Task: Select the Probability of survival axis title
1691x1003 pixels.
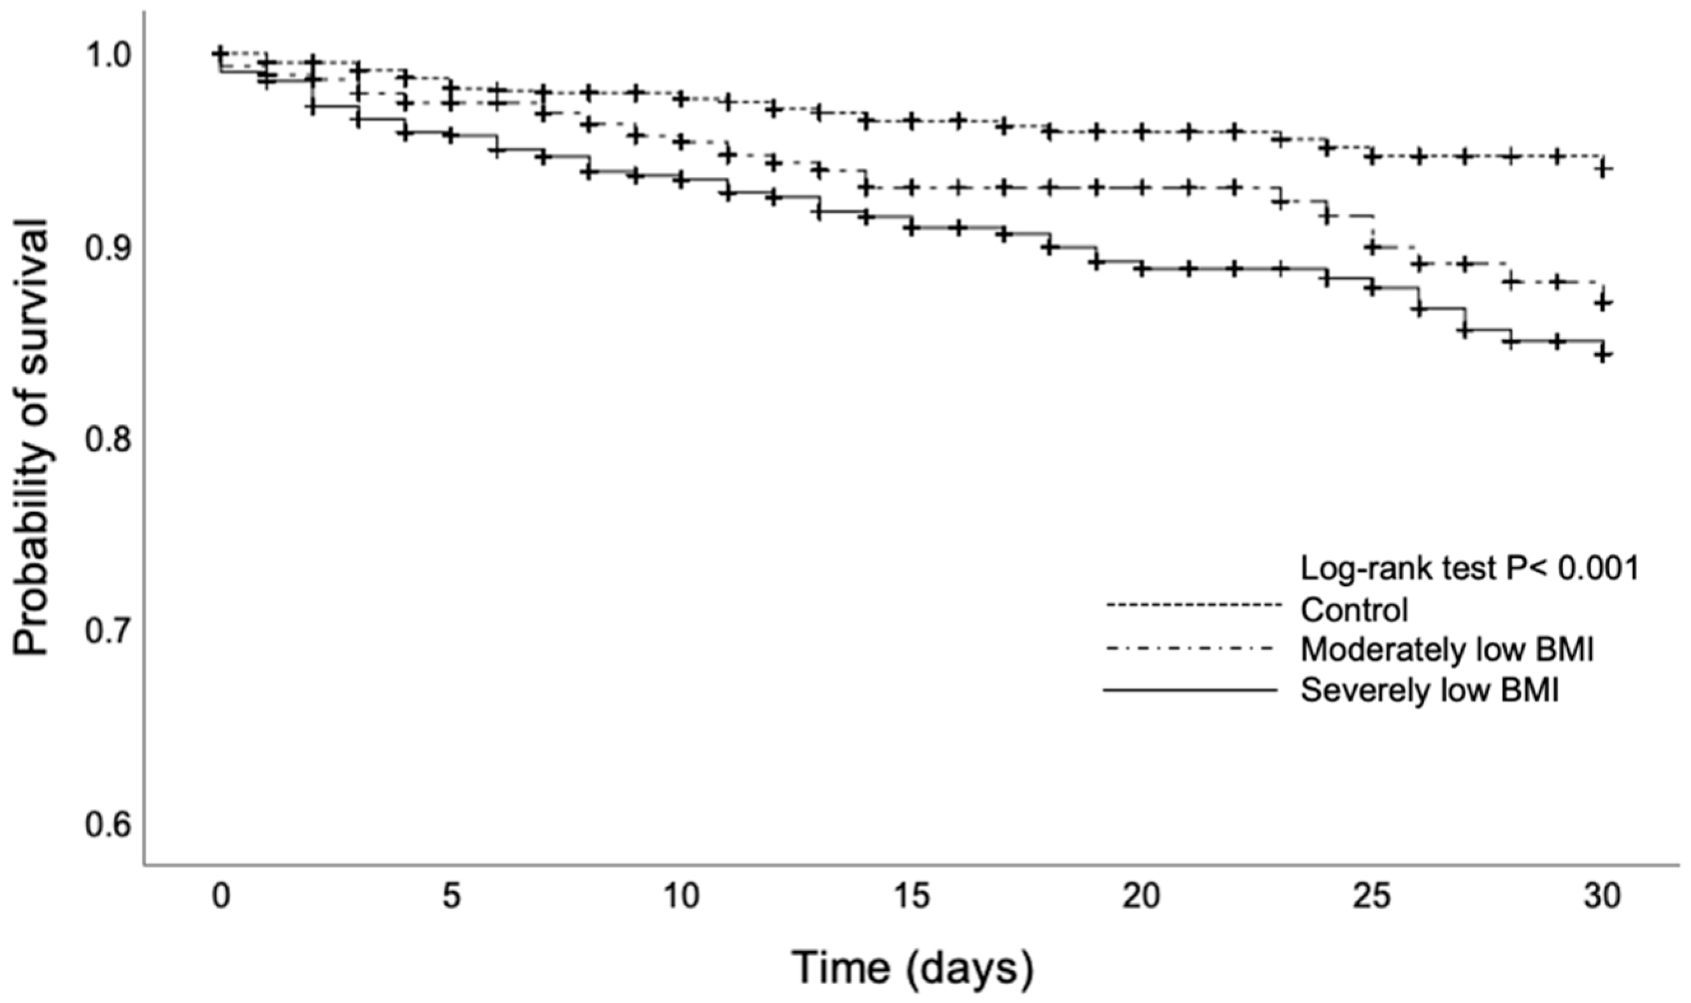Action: pos(32,437)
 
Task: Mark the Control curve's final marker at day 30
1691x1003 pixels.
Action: pos(1603,169)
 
